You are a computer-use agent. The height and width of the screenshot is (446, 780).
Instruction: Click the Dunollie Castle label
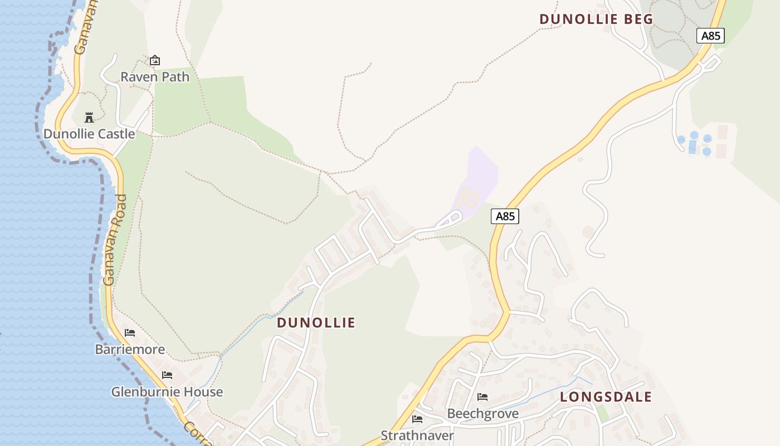tap(89, 134)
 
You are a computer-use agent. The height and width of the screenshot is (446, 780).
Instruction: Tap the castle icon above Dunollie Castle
tap(89, 117)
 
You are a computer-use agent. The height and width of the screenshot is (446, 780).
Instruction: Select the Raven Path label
tap(155, 77)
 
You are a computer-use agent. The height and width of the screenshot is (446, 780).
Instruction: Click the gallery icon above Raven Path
tap(155, 60)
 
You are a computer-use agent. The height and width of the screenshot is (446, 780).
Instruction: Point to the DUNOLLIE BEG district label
tap(596, 19)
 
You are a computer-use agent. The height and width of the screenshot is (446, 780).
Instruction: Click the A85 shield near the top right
tap(710, 36)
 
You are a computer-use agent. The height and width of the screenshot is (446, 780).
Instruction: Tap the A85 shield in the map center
tap(505, 216)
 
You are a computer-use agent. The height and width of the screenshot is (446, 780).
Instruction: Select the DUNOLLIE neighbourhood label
tap(316, 323)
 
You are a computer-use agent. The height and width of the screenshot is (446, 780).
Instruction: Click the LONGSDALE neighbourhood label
tap(606, 397)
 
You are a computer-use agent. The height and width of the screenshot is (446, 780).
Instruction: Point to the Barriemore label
tap(130, 350)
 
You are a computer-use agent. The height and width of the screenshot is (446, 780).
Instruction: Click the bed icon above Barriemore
tap(130, 333)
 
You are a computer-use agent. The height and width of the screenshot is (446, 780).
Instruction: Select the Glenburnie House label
tap(167, 392)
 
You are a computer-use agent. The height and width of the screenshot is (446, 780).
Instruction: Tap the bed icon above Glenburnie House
tap(167, 375)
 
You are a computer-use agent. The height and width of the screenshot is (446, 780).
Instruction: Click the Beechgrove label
tap(483, 414)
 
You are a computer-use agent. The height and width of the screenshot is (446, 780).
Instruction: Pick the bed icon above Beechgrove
tap(482, 397)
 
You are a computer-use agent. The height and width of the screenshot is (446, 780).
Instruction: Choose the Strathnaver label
tap(417, 435)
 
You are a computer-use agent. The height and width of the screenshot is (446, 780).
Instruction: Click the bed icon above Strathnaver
tap(417, 419)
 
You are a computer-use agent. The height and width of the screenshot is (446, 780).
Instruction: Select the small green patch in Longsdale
tap(602, 414)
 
